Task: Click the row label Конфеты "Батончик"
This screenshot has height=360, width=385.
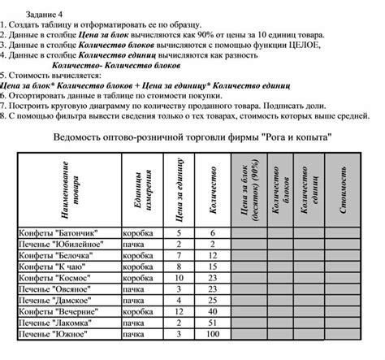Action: (56, 232)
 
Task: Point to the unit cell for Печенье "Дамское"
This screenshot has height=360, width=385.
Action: (140, 299)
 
